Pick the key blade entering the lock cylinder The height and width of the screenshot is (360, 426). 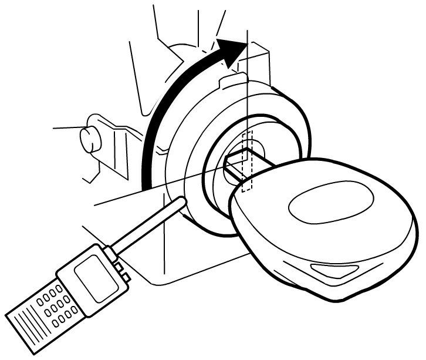(x=238, y=166)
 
